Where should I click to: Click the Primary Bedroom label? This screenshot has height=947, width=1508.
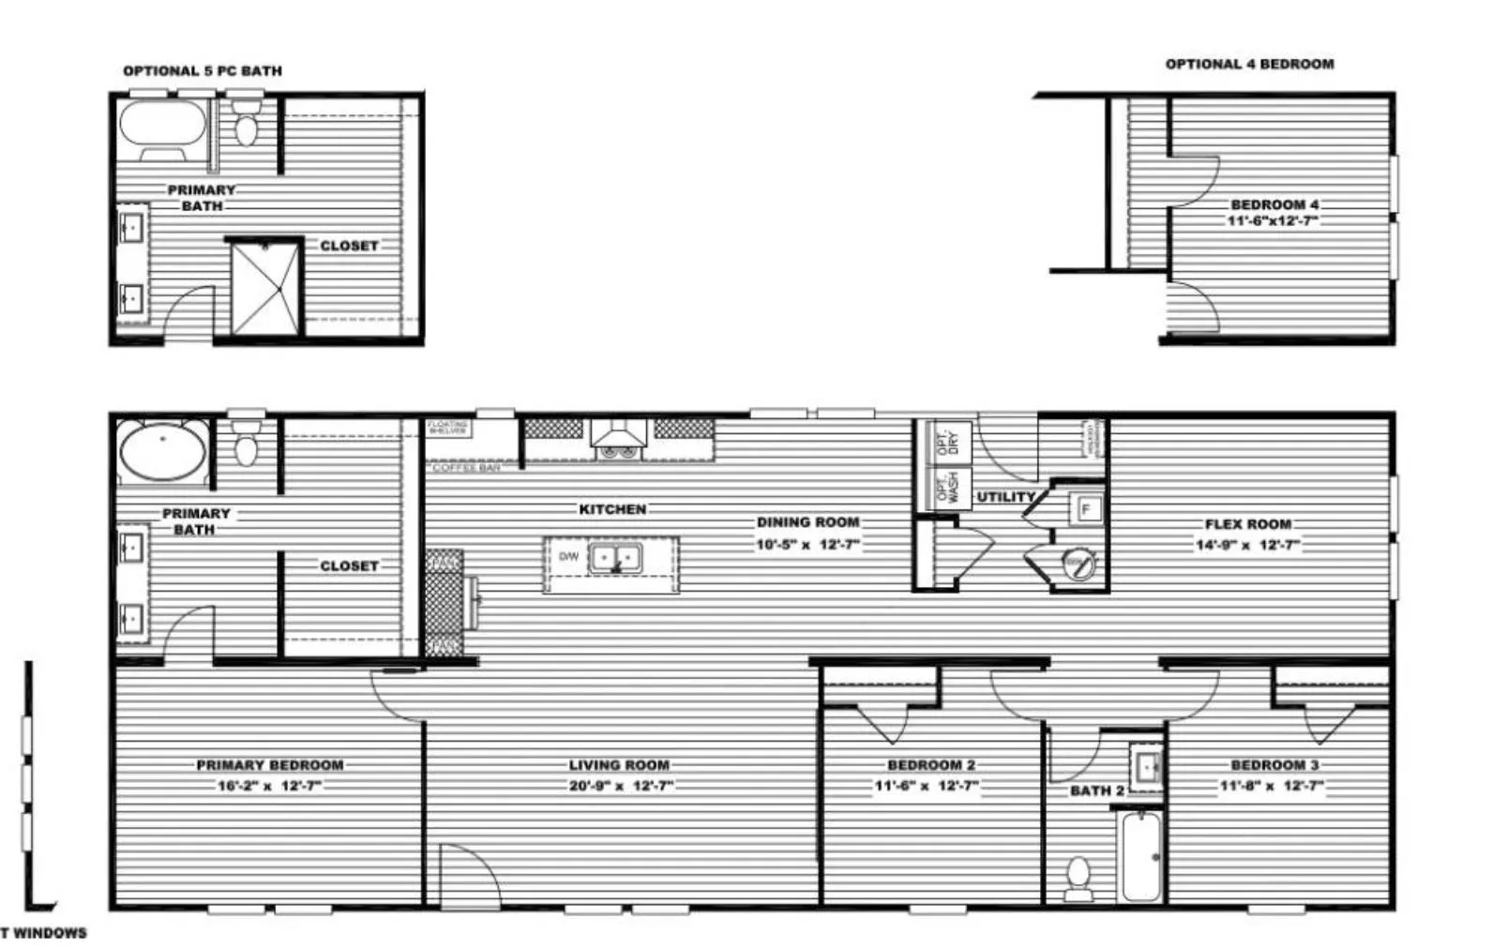click(269, 765)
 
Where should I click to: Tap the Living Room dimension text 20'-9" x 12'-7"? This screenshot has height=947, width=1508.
click(620, 787)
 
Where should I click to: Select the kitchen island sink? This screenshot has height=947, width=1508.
click(615, 559)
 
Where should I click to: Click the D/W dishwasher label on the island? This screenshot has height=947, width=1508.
click(568, 557)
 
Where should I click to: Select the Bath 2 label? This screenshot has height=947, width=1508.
click(1096, 791)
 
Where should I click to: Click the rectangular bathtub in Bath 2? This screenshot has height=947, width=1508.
click(1141, 856)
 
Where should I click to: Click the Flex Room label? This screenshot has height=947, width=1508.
click(1247, 524)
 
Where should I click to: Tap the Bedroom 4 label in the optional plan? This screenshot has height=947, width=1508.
click(1274, 204)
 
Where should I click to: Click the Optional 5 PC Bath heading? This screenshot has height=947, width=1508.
click(202, 70)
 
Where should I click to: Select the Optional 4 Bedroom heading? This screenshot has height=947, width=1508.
click(1249, 64)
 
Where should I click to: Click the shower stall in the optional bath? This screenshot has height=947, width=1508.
click(265, 287)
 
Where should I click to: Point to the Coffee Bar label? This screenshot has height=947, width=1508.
click(466, 467)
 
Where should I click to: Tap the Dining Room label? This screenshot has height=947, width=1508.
click(807, 522)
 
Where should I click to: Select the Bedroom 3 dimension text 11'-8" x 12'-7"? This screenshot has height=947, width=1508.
click(1273, 787)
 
